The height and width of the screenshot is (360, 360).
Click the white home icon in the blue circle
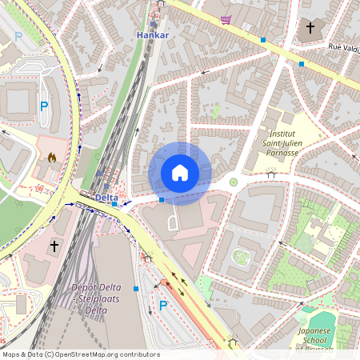pyautogui.click(x=180, y=172)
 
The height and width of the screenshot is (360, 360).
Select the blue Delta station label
pyautogui.click(x=106, y=197)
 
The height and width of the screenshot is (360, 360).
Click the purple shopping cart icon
pyautogui.click(x=226, y=19)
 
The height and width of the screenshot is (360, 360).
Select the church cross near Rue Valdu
pyautogui.click(x=310, y=28)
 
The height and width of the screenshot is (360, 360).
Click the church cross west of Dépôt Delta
pyautogui.click(x=54, y=246)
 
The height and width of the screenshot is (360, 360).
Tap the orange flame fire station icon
pyautogui.click(x=53, y=158)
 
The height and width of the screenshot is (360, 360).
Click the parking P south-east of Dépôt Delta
pyautogui.click(x=163, y=305)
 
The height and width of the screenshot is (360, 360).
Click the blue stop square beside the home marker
pyautogui.click(x=162, y=199)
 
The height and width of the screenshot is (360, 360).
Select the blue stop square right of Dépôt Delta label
pyautogui.click(x=137, y=288)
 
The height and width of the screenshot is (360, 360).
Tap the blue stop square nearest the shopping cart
pyautogui.click(x=262, y=39)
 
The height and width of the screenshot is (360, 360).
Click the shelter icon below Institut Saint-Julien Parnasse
pyautogui.click(x=271, y=172)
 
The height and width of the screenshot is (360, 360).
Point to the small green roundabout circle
pyautogui.click(x=234, y=182)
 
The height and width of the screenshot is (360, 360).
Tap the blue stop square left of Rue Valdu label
pyautogui.click(x=302, y=64)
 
